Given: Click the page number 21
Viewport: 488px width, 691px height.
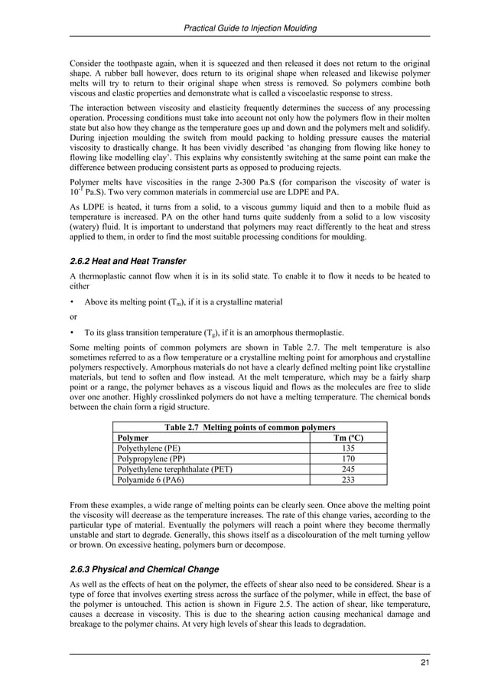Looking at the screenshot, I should (x=425, y=662).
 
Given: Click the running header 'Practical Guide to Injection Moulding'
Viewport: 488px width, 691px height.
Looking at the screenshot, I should (x=252, y=28).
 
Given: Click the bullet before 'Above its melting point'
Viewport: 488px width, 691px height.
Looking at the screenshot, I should (x=72, y=302).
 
